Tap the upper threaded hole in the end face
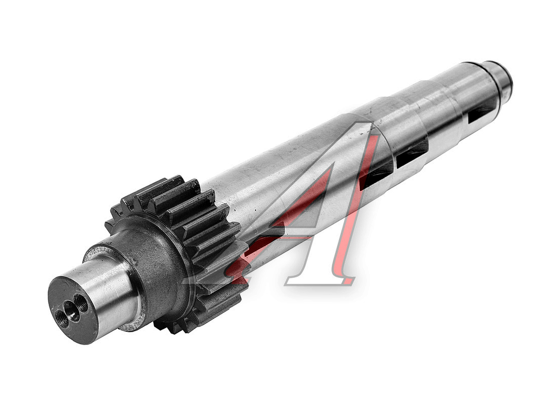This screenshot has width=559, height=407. (82, 303)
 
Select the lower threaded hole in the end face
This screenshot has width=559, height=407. (63, 318)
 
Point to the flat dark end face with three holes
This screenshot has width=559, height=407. (73, 310)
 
